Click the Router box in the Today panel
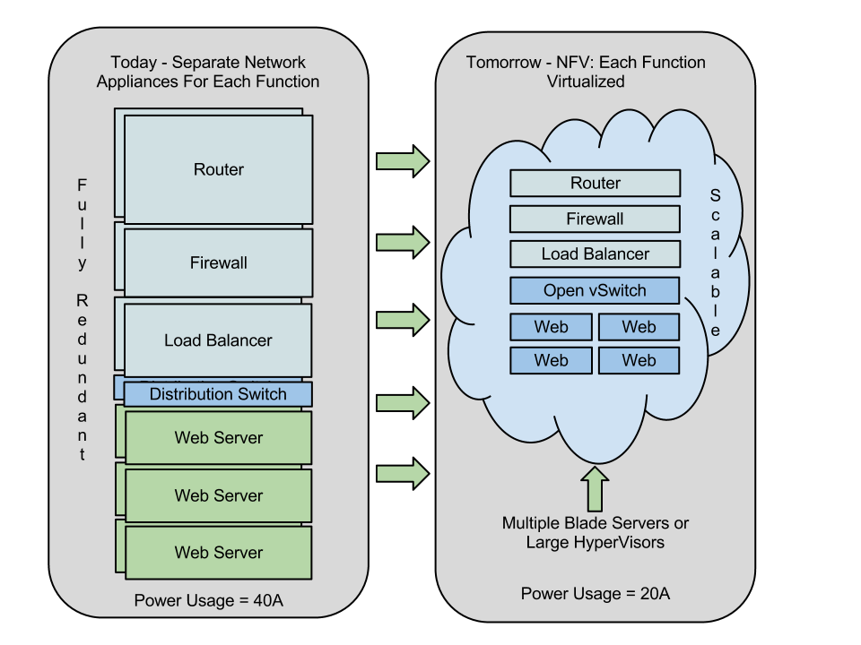[218, 169]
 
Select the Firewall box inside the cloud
[595, 219]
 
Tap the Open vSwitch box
[595, 290]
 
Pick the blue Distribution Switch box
[218, 394]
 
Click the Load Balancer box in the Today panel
[218, 340]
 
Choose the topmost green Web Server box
[218, 438]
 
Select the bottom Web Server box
[218, 553]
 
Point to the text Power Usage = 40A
[208, 600]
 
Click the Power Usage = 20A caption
[596, 594]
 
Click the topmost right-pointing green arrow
[402, 161]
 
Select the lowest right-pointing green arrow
[402, 474]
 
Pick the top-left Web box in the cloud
[551, 327]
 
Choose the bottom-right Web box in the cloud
[639, 360]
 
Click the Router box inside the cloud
[595, 183]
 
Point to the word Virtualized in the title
[586, 81]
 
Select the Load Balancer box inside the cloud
[595, 254]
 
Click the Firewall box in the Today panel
[218, 263]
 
